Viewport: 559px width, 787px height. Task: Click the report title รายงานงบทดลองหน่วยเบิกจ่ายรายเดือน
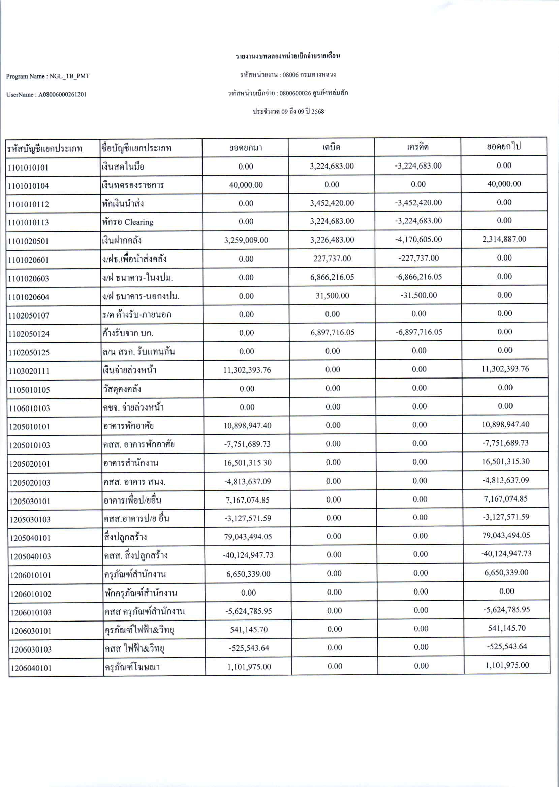288,56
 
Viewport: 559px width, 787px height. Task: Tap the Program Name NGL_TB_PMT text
48,76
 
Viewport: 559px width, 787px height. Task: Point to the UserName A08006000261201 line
46,94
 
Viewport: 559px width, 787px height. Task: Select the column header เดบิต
331,147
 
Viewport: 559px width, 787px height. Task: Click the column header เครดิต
417,147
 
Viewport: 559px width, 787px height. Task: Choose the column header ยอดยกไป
504,146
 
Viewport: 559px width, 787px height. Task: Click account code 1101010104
28,186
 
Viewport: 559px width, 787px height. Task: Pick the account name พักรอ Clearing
127,222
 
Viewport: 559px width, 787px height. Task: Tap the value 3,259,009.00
246,240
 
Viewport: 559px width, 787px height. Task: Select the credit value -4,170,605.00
418,239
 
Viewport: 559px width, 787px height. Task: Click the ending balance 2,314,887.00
504,239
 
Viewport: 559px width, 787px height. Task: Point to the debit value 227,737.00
332,258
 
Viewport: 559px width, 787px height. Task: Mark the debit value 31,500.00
332,295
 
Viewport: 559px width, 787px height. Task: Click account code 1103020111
29,371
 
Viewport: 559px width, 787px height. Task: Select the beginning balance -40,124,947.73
248,555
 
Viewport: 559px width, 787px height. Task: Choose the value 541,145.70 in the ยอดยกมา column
249,629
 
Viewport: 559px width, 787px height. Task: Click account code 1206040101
31,668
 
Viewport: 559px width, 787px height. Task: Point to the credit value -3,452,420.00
418,203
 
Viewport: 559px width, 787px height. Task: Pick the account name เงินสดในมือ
123,167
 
